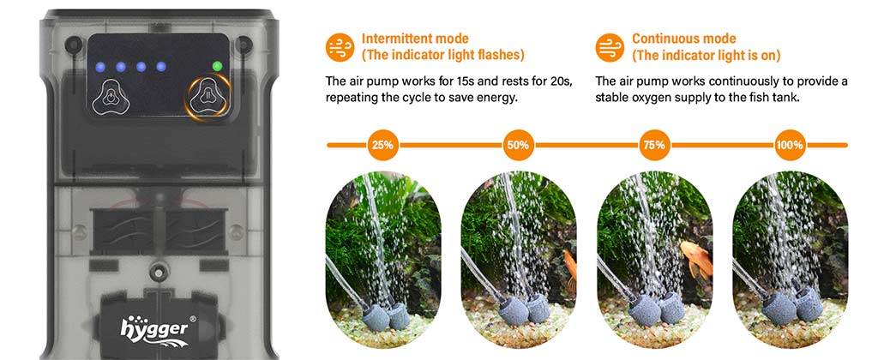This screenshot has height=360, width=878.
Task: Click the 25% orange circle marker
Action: tap(382, 145)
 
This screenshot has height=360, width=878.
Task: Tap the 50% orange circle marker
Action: tap(518, 145)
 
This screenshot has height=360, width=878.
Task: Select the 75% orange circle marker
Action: tap(653, 145)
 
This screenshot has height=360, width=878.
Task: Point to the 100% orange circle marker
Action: tap(789, 145)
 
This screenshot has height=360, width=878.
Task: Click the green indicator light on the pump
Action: tap(217, 65)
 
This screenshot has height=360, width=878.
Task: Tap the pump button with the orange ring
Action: tap(206, 96)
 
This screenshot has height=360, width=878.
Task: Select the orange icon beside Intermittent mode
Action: tap(340, 46)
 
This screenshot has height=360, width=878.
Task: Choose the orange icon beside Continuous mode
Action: tap(610, 46)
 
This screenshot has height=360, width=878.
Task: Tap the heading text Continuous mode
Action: tap(683, 39)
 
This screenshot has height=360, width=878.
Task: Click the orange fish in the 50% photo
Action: tap(570, 266)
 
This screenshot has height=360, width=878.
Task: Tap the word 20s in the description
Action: tap(561, 81)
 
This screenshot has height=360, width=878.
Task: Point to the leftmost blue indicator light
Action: tap(101, 65)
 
